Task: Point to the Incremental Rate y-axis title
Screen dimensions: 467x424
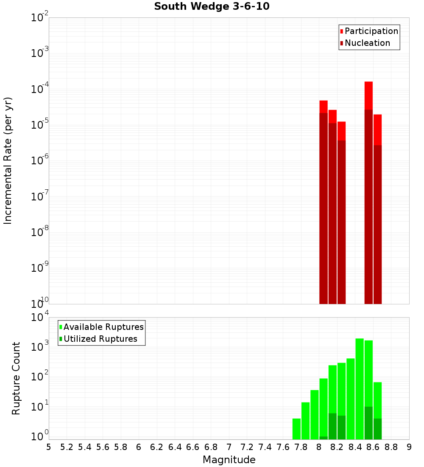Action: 8,160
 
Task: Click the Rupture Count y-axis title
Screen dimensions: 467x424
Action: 16,378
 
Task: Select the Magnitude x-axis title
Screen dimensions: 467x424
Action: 229,460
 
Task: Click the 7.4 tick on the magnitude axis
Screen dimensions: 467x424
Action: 265,447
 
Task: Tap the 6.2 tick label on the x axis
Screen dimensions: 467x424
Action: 157,447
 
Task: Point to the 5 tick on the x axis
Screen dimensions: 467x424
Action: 49,447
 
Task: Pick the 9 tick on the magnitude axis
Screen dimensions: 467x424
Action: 409,447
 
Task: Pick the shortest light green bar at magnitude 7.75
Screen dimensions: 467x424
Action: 296,429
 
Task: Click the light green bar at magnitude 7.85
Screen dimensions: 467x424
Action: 305,421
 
